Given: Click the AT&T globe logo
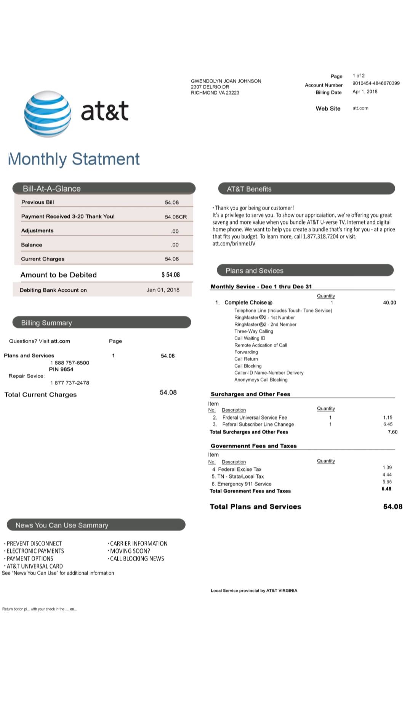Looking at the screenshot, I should (48, 114).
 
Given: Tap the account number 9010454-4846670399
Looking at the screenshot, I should (376, 83).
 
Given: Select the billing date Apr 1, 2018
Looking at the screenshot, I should (365, 92).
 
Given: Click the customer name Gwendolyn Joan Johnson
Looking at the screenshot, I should (226, 81).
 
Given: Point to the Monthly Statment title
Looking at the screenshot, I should (74, 159).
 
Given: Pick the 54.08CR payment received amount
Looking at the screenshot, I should (176, 217).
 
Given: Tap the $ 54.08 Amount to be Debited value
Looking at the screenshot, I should (170, 275).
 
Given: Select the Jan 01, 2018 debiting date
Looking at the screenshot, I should (163, 290).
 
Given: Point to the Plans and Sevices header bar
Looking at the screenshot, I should (305, 271).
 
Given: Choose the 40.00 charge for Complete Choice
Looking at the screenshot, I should (389, 303).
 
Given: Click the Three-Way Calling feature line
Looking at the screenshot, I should (253, 331).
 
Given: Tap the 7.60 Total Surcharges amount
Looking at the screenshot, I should (392, 432).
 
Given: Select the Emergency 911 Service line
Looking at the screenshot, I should (242, 484).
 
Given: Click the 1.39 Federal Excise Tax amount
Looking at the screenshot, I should (387, 468).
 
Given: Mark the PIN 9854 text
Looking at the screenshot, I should (61, 369).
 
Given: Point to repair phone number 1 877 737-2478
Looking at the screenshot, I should (70, 383).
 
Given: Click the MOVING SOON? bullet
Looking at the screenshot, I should (130, 551).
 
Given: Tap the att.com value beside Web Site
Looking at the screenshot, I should (360, 108).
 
